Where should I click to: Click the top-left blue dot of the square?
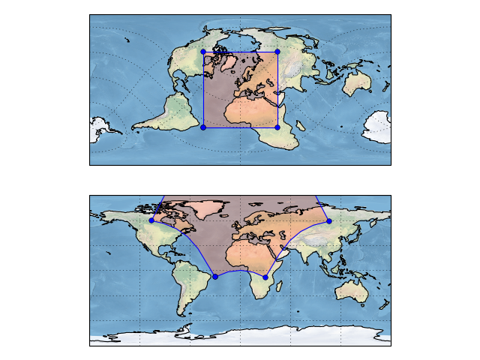click(x=203, y=52)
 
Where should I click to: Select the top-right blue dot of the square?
click(x=277, y=52)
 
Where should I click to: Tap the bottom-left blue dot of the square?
click(x=203, y=127)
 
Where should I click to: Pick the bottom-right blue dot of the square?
click(x=277, y=127)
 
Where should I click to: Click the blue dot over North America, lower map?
click(x=151, y=220)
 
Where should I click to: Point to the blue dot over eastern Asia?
click(x=328, y=220)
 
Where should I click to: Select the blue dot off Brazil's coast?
click(x=215, y=277)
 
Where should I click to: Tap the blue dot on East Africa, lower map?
click(x=265, y=277)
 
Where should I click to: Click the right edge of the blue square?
click(x=277, y=90)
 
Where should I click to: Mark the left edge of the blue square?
click(x=203, y=90)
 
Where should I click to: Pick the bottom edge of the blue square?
click(x=240, y=127)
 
